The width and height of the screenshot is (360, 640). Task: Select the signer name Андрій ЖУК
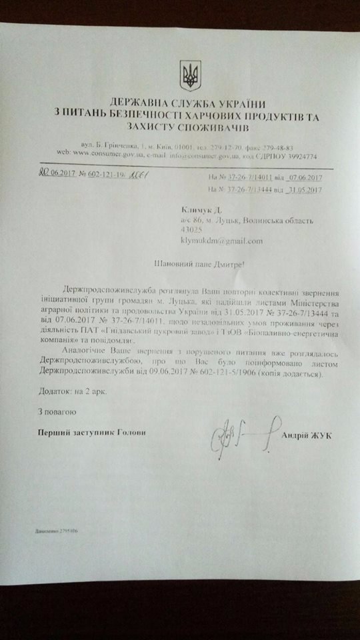[x=307, y=435]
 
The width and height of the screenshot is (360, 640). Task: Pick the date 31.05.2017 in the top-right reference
[x=303, y=189]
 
